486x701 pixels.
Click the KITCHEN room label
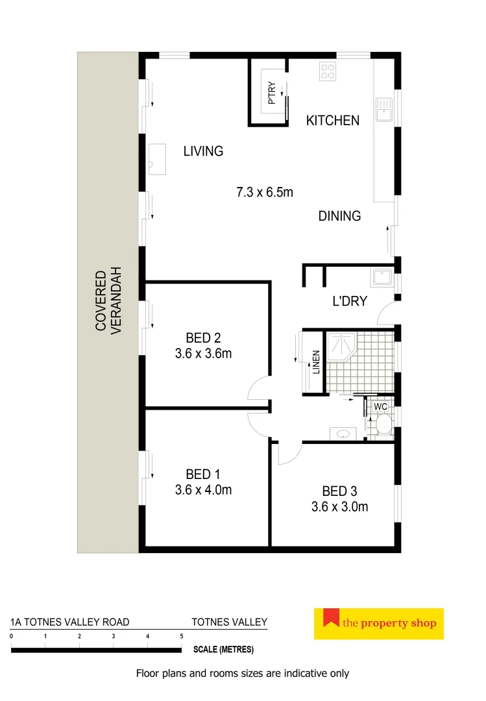point(332,120)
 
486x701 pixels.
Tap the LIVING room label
point(203,151)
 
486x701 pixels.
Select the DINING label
point(339,216)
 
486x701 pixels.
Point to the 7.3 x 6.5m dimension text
point(264,192)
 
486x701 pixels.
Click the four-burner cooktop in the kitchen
point(328,71)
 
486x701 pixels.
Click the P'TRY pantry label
point(272,93)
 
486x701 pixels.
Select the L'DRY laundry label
point(349,301)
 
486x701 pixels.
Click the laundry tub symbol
point(382,278)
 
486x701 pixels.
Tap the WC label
point(381,406)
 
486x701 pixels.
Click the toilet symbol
point(383,424)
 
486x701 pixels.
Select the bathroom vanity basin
point(342,434)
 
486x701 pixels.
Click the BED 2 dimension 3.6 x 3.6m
point(203,354)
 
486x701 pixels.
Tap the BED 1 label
point(203,474)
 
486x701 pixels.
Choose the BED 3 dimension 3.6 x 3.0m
point(339,507)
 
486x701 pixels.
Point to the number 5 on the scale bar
point(182,637)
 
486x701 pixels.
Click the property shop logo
point(379,624)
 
